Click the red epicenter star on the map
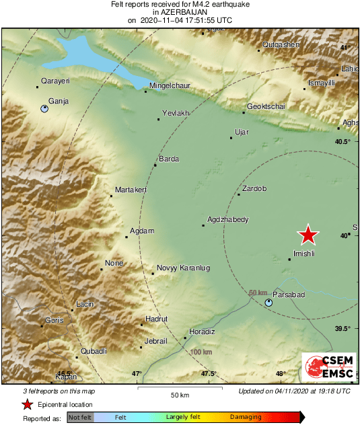[308, 235]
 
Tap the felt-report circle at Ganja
[44, 108]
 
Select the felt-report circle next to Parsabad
[269, 303]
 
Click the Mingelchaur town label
[170, 85]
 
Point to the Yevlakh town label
[176, 113]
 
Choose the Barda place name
[168, 159]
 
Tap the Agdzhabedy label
[228, 219]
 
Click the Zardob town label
[254, 188]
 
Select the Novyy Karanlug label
[183, 268]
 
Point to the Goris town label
[54, 321]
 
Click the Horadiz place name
[202, 332]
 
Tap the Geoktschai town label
[267, 107]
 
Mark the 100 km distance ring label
[201, 352]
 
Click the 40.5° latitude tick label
[344, 141]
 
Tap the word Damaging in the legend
[246, 418]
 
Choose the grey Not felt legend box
[80, 418]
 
